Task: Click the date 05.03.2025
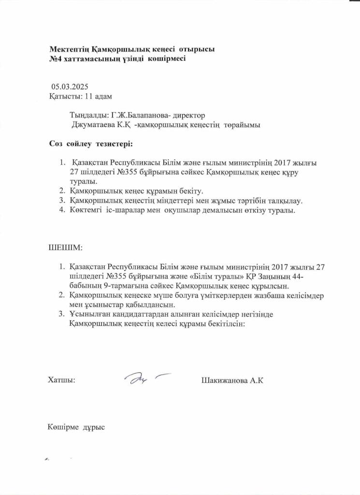coord(70,87)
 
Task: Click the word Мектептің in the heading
coord(67,49)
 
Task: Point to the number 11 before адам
coord(88,96)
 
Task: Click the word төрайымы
coord(242,125)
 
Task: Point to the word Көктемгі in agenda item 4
coord(85,211)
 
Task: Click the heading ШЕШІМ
coord(65,248)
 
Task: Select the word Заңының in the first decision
coord(282,276)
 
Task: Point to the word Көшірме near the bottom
coord(64,427)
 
